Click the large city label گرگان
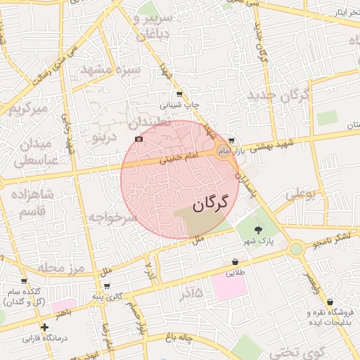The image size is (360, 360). [x=211, y=204]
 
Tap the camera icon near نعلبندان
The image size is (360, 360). [x=139, y=139]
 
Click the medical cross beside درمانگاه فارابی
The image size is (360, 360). [x=45, y=327]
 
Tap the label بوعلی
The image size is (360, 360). [x=302, y=191]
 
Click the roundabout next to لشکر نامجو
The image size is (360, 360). [x=296, y=247]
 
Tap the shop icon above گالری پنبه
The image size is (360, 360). [x=106, y=285]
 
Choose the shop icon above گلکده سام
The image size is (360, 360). [x=23, y=281]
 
